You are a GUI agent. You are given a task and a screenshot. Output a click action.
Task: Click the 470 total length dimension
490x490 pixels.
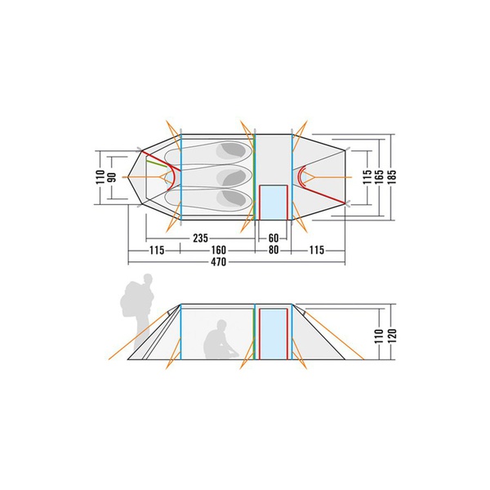218,261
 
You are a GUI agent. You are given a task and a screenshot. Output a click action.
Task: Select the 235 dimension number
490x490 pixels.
200,238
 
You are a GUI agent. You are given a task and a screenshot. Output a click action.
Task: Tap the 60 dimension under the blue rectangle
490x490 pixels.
274,238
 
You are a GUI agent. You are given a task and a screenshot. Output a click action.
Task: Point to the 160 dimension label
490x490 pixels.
218,250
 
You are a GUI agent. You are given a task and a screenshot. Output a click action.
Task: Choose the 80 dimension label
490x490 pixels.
274,250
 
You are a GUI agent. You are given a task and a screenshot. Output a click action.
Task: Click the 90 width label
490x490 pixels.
113,177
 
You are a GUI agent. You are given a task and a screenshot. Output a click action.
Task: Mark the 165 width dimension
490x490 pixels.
380,177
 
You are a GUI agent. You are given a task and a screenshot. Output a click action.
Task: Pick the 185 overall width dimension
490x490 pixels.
391,177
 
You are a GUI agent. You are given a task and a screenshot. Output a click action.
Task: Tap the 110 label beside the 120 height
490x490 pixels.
379,336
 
